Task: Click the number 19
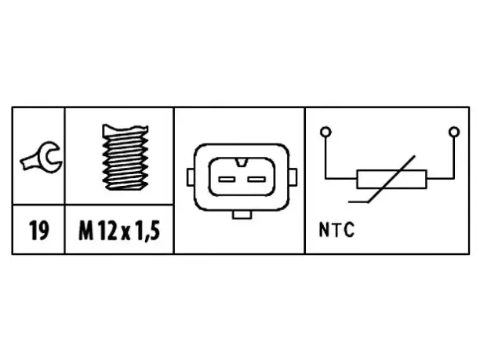coord(38,231)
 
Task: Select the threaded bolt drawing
coord(125,157)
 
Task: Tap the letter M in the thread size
coord(85,231)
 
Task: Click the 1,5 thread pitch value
coord(147,231)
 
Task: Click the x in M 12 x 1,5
coord(125,233)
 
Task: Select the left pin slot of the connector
coord(227,179)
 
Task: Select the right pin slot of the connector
coord(256,179)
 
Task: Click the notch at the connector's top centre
coord(242,162)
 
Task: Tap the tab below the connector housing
coord(242,214)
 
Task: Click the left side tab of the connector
coord(191,177)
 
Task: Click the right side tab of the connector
coord(293,177)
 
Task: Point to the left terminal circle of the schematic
coord(325,132)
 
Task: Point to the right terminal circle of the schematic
coord(454,132)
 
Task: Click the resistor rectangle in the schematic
coord(391,179)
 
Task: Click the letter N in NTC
coord(323,230)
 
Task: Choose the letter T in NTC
coord(336,230)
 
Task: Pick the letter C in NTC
coord(349,230)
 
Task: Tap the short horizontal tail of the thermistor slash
coord(358,202)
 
